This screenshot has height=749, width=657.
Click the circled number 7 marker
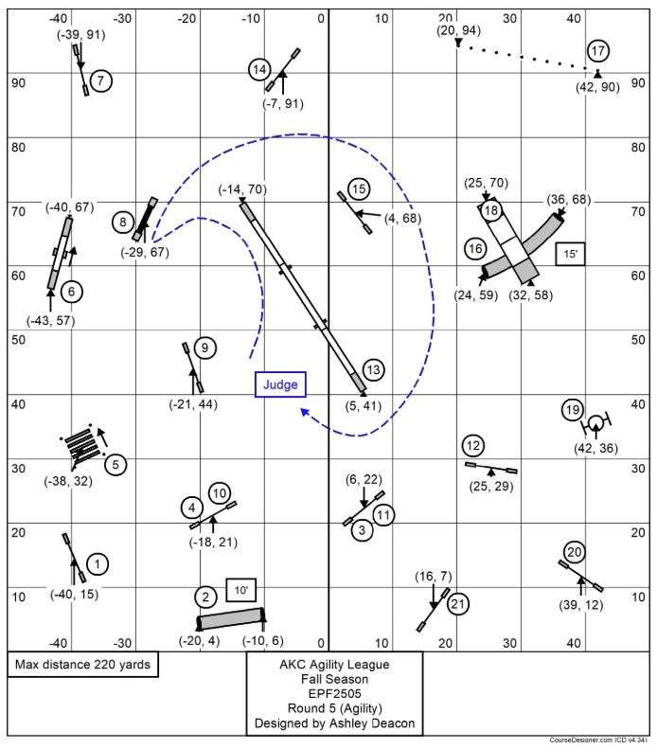(x=102, y=81)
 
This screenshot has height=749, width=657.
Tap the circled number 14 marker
(x=259, y=69)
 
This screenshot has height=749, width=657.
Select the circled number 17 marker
(x=596, y=51)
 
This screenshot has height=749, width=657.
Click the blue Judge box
(x=280, y=384)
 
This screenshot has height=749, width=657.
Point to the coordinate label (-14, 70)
(x=242, y=189)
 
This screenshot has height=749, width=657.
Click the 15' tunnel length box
(x=570, y=254)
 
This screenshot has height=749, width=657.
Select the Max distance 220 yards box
(x=83, y=666)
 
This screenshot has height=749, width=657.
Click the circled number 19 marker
(x=571, y=410)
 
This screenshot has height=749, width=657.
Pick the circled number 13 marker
(x=372, y=369)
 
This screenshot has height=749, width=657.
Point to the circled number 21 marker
(x=458, y=603)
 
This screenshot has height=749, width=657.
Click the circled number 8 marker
(x=123, y=223)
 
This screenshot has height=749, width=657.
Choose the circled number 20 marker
(x=574, y=552)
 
